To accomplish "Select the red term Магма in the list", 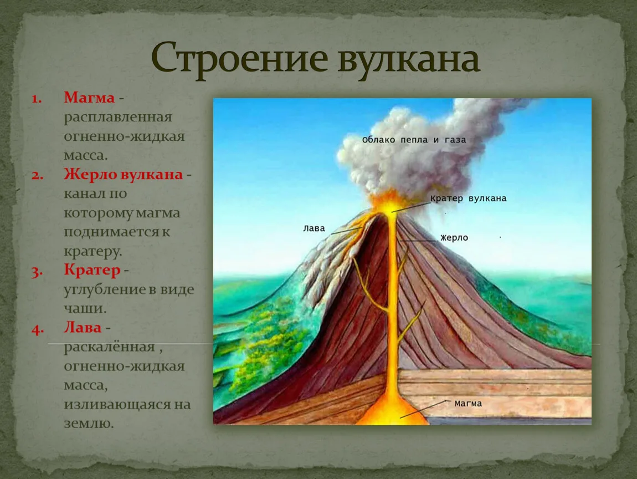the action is tap(89, 98).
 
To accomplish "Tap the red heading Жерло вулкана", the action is tap(123, 174).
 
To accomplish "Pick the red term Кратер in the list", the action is tap(92, 270).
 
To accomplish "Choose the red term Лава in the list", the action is tap(83, 327).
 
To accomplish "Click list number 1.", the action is tap(37, 98).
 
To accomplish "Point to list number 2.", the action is tap(37, 175).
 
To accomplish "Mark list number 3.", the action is tap(37, 272).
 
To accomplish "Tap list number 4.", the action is tap(37, 329).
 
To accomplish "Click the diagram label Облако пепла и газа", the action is tap(414, 140).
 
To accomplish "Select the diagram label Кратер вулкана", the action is tap(469, 198).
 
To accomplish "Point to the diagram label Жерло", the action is tap(454, 237).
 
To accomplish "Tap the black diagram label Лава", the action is tap(314, 228).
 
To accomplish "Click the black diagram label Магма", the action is tap(468, 404).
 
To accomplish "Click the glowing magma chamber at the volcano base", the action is tap(392, 411).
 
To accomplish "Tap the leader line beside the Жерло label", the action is tap(418, 241).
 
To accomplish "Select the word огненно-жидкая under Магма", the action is tap(124, 136).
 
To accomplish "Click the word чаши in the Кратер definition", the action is tap(85, 308).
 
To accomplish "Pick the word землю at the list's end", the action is tap(89, 424).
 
